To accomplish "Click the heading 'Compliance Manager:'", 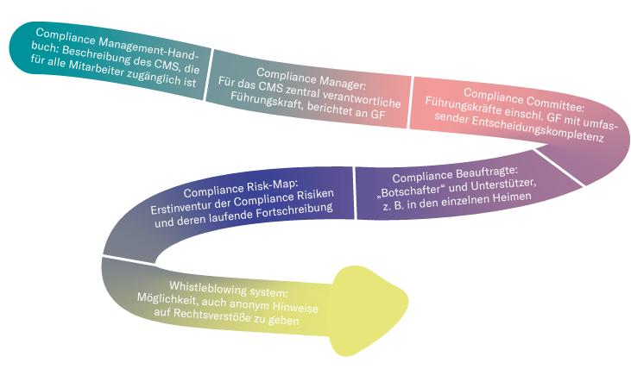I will coord(305,73).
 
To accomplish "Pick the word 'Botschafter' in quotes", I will coord(415,185).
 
